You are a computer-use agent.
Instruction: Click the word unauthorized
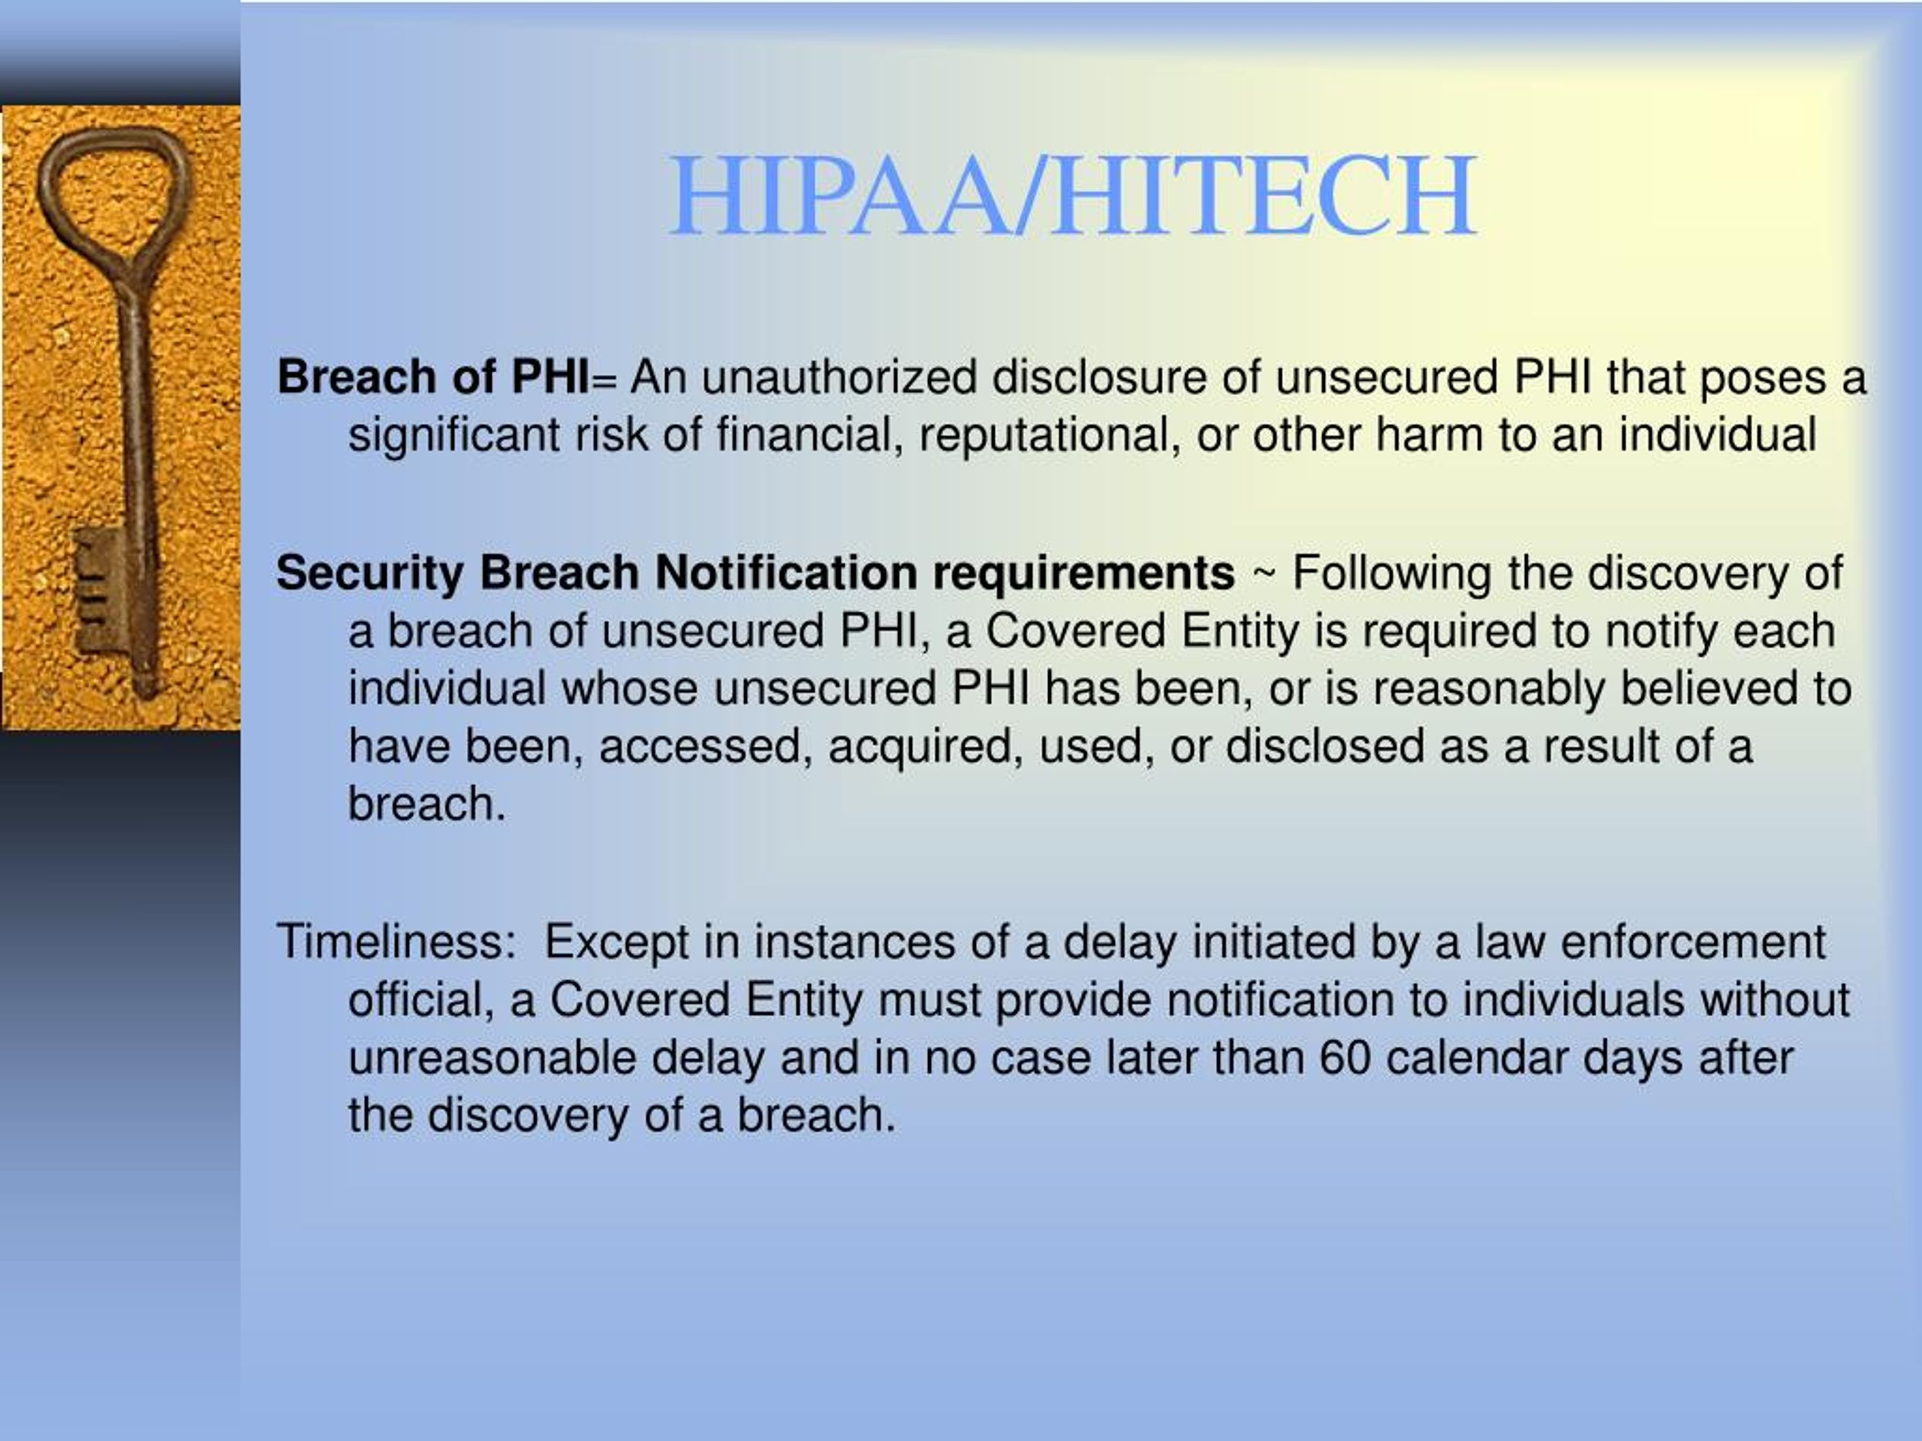point(839,378)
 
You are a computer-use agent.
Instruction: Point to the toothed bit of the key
point(101,591)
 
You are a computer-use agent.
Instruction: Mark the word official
point(421,1000)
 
